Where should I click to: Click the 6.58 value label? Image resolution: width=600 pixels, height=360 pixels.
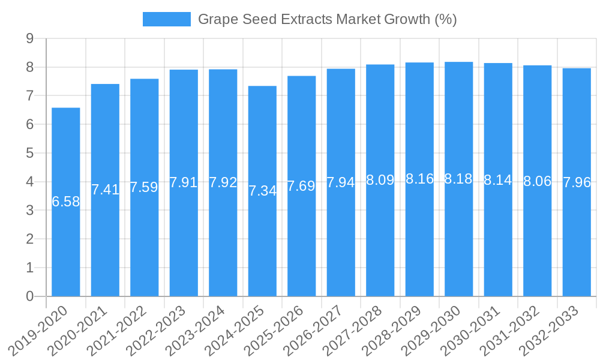coord(66,202)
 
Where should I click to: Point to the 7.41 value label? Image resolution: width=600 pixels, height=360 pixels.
coord(105,190)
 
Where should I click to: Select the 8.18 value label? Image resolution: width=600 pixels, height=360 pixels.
coord(459,179)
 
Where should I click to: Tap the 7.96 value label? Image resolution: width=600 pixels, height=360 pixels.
coord(577,182)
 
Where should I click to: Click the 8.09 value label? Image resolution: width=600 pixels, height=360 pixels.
coord(380,180)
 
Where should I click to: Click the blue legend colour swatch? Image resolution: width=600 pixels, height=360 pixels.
coord(166,19)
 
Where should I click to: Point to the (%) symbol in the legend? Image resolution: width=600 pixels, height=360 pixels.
coord(445,19)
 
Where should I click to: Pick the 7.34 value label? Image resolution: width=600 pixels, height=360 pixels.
coord(262,191)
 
